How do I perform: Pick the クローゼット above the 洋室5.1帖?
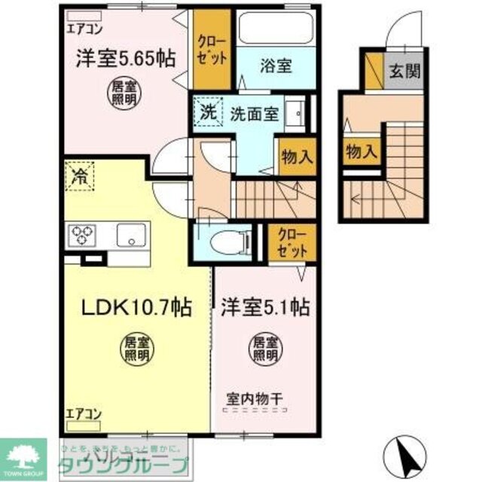click(x=288, y=242)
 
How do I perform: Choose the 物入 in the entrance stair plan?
click(x=361, y=151)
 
